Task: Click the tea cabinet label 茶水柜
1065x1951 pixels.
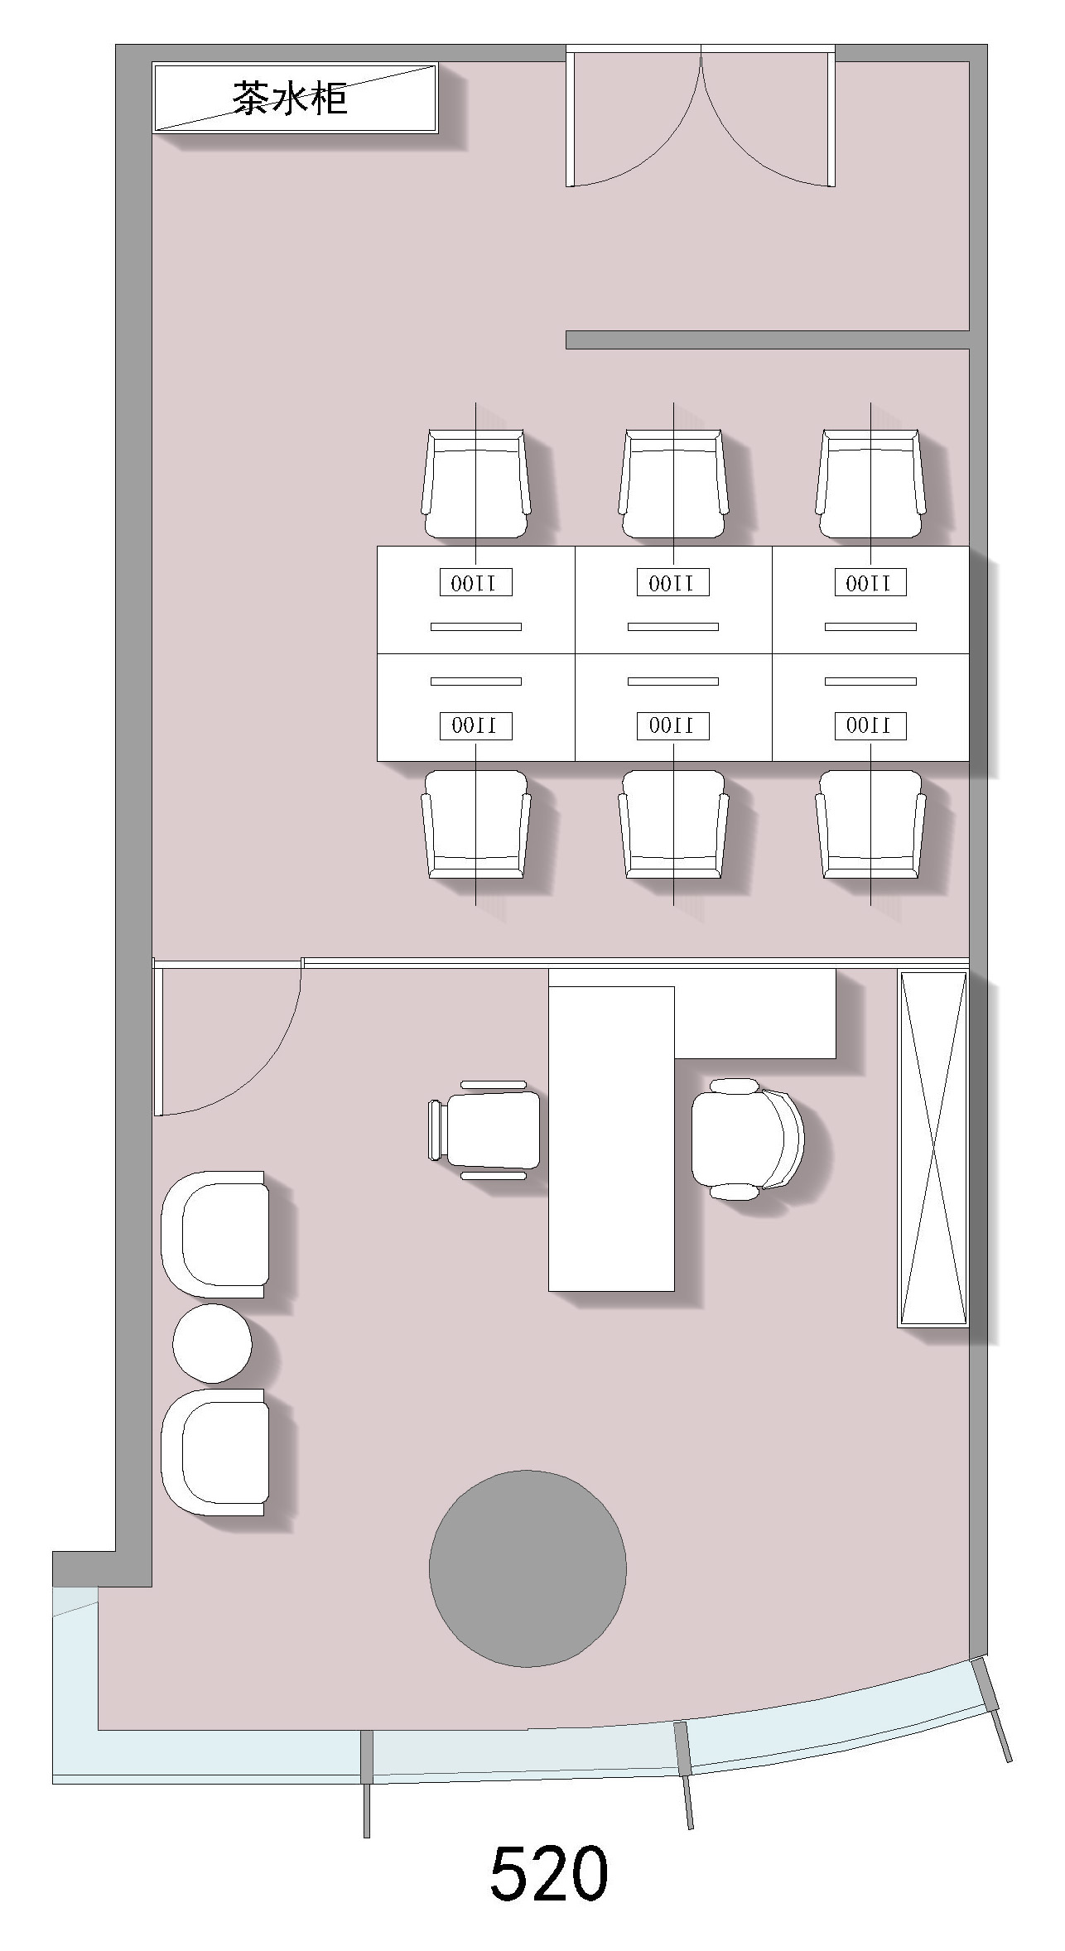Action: (x=289, y=98)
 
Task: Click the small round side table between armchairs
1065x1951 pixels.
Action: (x=212, y=1343)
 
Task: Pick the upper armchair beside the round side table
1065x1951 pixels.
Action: (x=214, y=1234)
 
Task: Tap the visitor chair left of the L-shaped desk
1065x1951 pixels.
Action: (x=484, y=1130)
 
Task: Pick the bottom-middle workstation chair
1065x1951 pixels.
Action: (x=673, y=825)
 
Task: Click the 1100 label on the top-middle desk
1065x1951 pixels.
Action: (x=673, y=583)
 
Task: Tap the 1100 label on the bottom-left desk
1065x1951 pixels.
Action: (x=475, y=726)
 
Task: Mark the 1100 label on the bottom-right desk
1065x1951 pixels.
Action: (x=870, y=726)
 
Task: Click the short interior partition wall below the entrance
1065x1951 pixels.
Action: (x=768, y=340)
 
